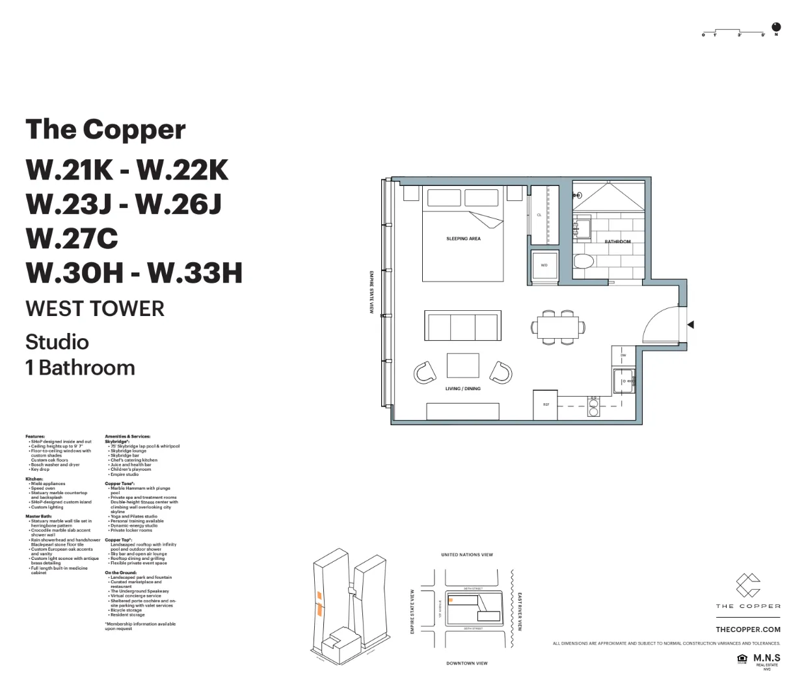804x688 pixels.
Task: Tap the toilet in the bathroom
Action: (x=583, y=262)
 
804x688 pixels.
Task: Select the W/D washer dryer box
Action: (x=544, y=265)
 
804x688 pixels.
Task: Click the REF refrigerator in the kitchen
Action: (x=546, y=404)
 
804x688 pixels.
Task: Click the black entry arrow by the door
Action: (x=690, y=324)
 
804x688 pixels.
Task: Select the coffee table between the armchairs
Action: (x=462, y=365)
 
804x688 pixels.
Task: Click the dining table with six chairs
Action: (x=558, y=326)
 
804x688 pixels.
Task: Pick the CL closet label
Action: (x=539, y=215)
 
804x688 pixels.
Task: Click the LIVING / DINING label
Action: (x=462, y=389)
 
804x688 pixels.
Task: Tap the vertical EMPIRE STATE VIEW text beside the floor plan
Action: (x=371, y=292)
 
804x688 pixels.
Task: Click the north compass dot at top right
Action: (x=775, y=27)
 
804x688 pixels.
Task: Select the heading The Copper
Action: (x=105, y=129)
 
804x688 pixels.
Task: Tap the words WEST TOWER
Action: (x=95, y=308)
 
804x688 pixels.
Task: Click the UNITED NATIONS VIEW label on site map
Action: (x=466, y=555)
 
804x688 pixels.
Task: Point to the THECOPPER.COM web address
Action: (x=747, y=629)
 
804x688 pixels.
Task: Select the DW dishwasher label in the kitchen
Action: (x=623, y=356)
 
